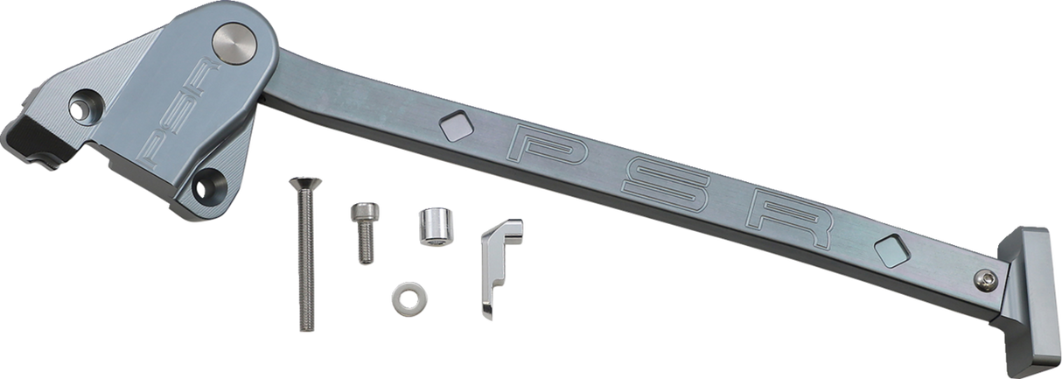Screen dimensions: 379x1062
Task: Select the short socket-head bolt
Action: coord(364,229)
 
